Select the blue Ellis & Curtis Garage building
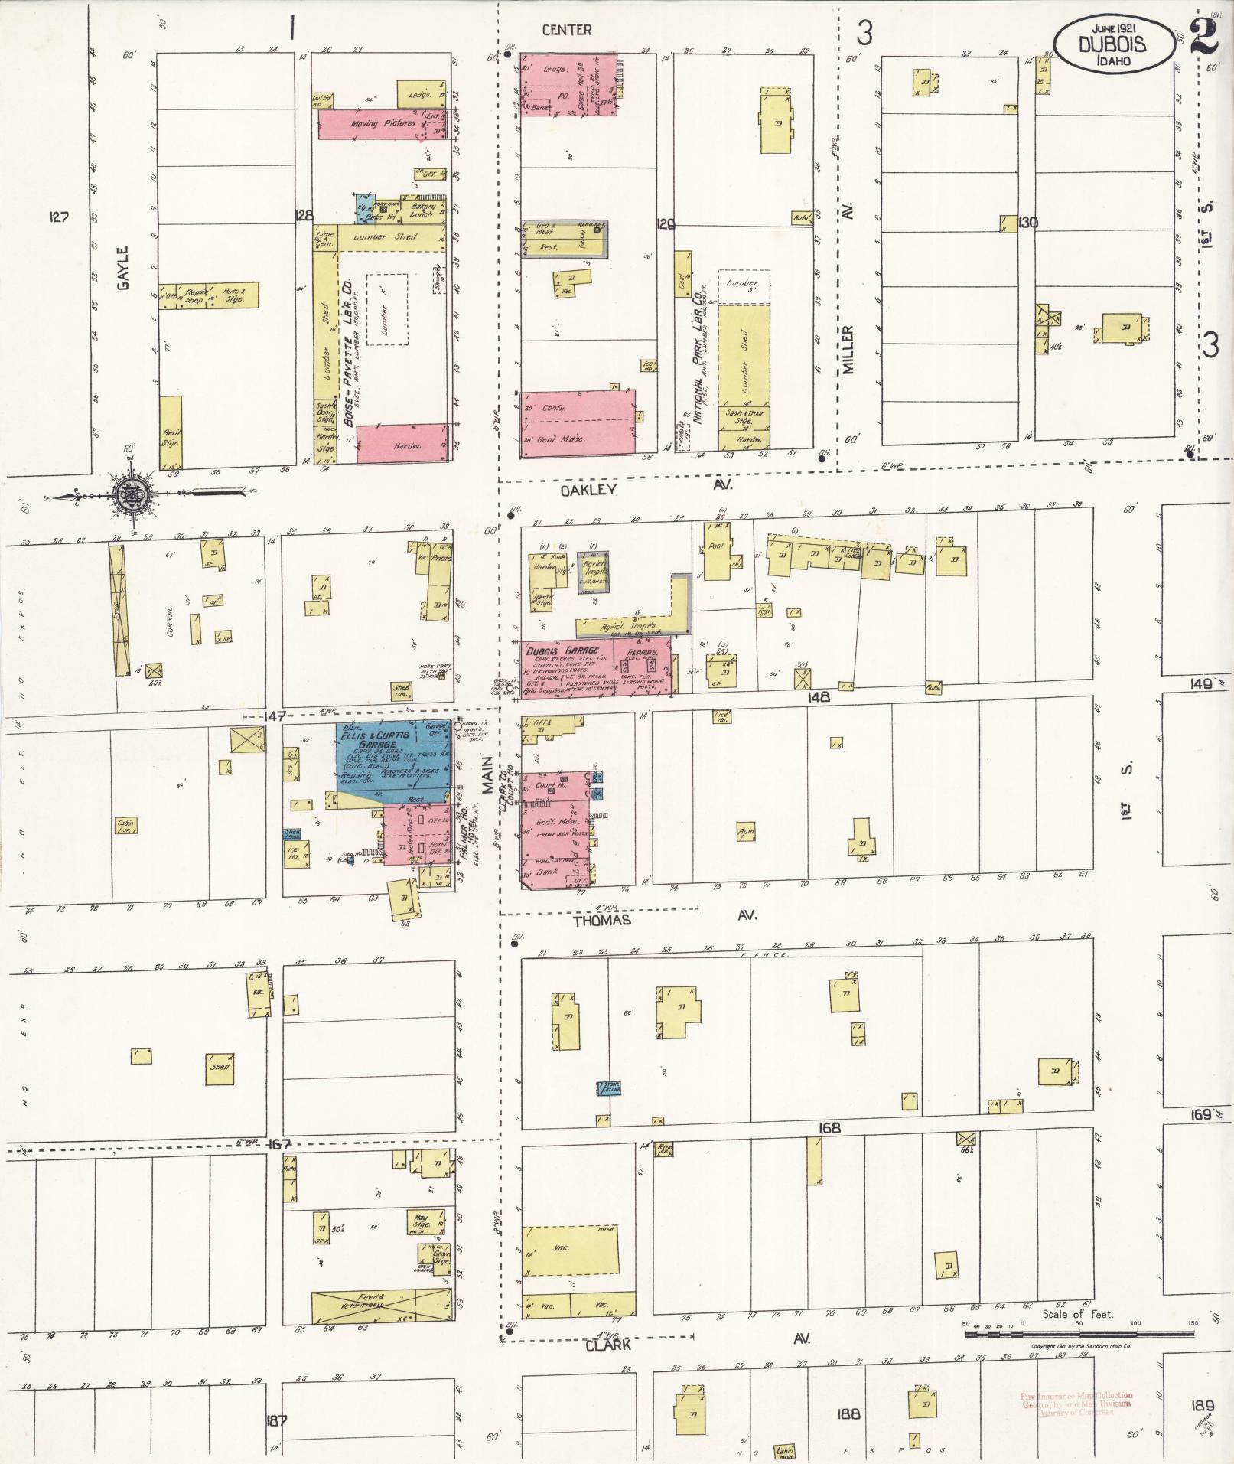pyautogui.click(x=394, y=761)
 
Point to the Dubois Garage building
pyautogui.click(x=597, y=667)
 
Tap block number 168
pyautogui.click(x=829, y=1127)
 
